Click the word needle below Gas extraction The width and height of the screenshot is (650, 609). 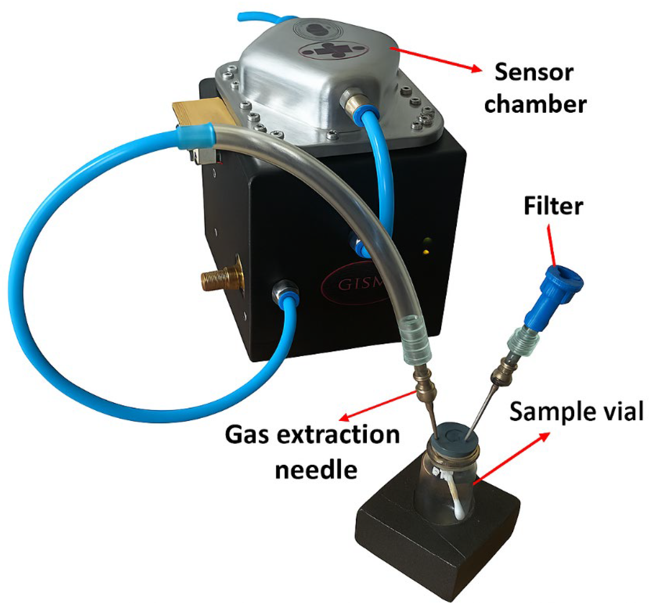[x=316, y=470]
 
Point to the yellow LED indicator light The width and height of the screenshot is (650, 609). [x=426, y=252]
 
